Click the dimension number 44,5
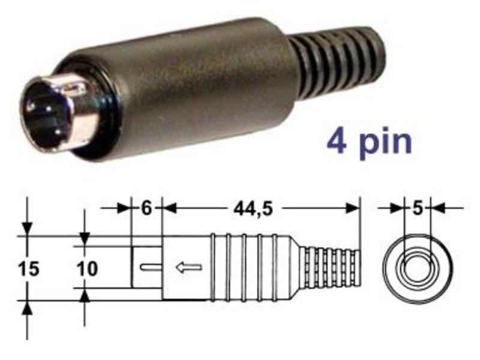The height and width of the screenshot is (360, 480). point(253,209)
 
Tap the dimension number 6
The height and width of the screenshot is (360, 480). point(146,209)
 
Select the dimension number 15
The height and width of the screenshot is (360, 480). point(29,269)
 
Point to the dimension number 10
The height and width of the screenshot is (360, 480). point(87,269)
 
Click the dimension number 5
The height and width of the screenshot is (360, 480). point(418,209)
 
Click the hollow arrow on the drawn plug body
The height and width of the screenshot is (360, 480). point(188,267)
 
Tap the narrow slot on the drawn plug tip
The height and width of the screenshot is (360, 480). point(151,267)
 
